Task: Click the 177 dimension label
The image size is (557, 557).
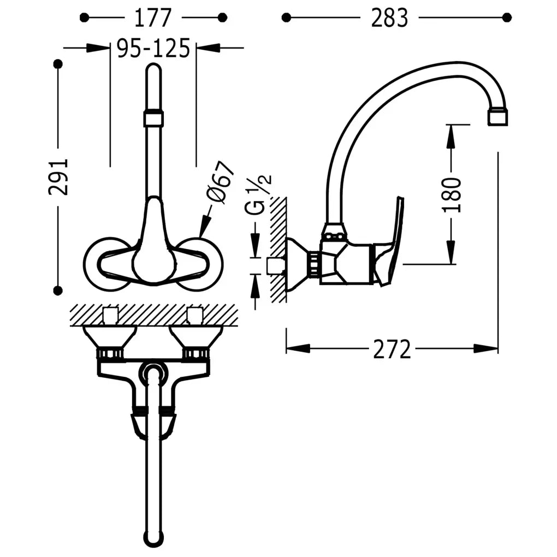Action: [x=153, y=18]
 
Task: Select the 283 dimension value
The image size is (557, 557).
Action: [x=389, y=18]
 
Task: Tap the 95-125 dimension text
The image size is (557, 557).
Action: [x=153, y=48]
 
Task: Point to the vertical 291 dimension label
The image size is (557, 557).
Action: [x=58, y=177]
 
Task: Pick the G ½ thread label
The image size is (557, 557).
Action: [x=258, y=194]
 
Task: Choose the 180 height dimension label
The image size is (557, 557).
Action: [x=452, y=194]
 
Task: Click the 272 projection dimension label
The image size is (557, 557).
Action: [x=392, y=349]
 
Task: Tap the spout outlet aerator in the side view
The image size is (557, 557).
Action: [x=497, y=117]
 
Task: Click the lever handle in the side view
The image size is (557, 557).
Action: [x=391, y=241]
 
